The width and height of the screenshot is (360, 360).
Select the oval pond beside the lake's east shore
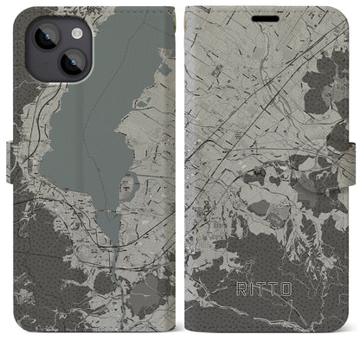pos(132,184)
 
